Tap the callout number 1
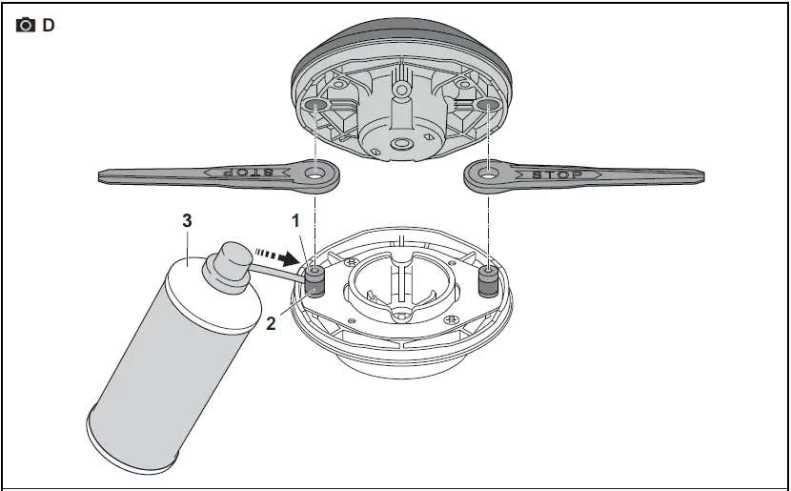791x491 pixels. pos(296,220)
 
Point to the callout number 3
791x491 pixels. pos(188,220)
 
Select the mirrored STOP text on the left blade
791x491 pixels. pos(243,173)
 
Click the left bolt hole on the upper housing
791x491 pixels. pos(315,102)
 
